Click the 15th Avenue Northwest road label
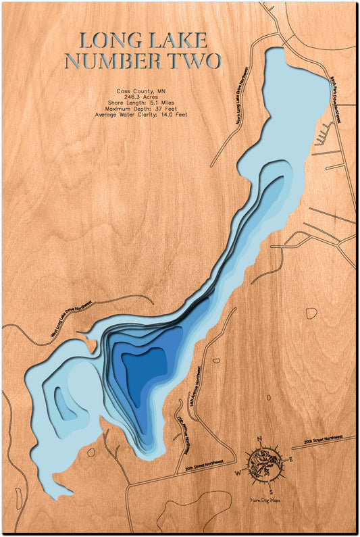[180, 428]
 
